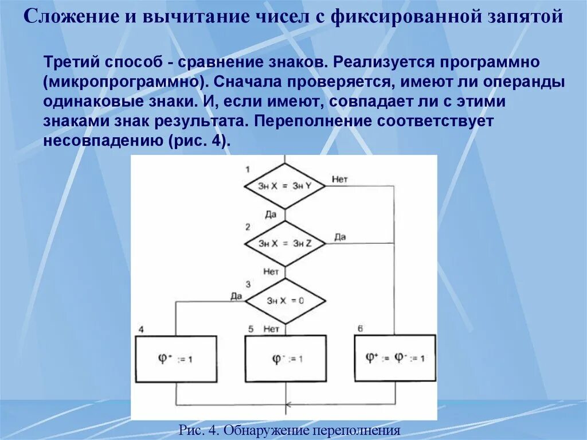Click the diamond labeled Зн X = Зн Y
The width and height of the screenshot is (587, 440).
[284, 186]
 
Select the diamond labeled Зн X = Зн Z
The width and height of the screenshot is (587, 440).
[284, 243]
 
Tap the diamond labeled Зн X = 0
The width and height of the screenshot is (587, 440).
[284, 301]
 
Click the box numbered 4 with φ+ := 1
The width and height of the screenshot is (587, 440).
[176, 359]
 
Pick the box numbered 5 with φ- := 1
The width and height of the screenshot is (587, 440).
[285, 359]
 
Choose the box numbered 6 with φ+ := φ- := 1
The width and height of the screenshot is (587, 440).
[395, 358]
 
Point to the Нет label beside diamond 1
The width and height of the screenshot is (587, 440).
[339, 180]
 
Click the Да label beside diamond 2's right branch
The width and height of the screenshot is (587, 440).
[340, 236]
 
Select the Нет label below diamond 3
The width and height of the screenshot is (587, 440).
[271, 329]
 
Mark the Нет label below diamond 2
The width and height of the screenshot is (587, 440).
[271, 271]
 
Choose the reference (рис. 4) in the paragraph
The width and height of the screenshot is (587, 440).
[199, 141]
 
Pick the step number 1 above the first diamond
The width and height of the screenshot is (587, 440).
[247, 169]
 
